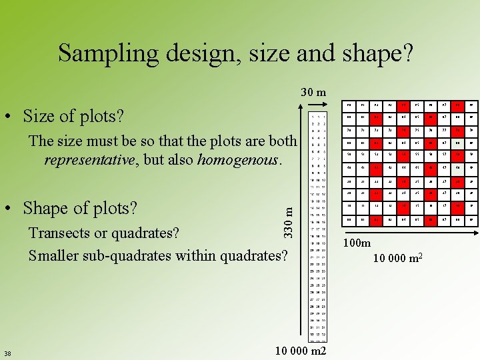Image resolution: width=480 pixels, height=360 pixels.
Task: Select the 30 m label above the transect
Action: (x=312, y=92)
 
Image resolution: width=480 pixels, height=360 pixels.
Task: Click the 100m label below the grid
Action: (x=357, y=243)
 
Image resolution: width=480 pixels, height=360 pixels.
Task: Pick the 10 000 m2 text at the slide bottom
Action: (x=301, y=351)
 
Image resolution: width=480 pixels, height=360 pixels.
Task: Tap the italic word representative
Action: (x=88, y=160)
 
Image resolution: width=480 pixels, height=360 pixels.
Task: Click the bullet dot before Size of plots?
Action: (x=13, y=117)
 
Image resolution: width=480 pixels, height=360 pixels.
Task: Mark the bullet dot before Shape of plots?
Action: (x=13, y=209)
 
